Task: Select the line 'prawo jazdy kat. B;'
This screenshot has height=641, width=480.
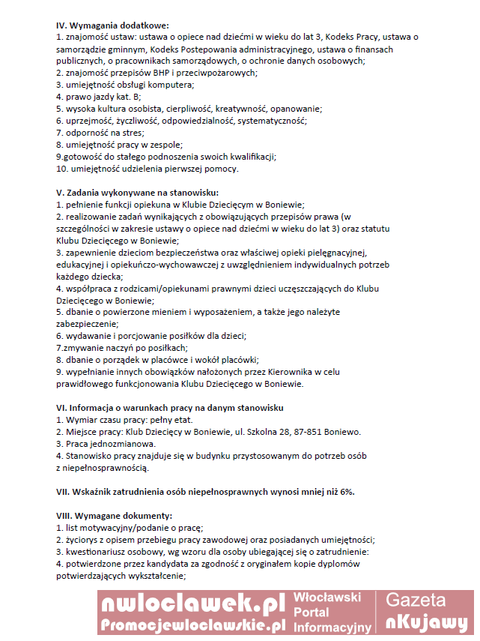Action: point(99,97)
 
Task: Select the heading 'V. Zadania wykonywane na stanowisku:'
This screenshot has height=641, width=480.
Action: point(136,193)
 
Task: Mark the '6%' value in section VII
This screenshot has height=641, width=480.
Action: point(344,492)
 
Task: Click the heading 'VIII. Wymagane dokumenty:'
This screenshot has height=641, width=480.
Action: point(114,516)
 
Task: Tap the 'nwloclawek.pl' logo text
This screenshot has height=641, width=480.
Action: point(193,604)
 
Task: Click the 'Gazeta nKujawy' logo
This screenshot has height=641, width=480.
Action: point(426,611)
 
